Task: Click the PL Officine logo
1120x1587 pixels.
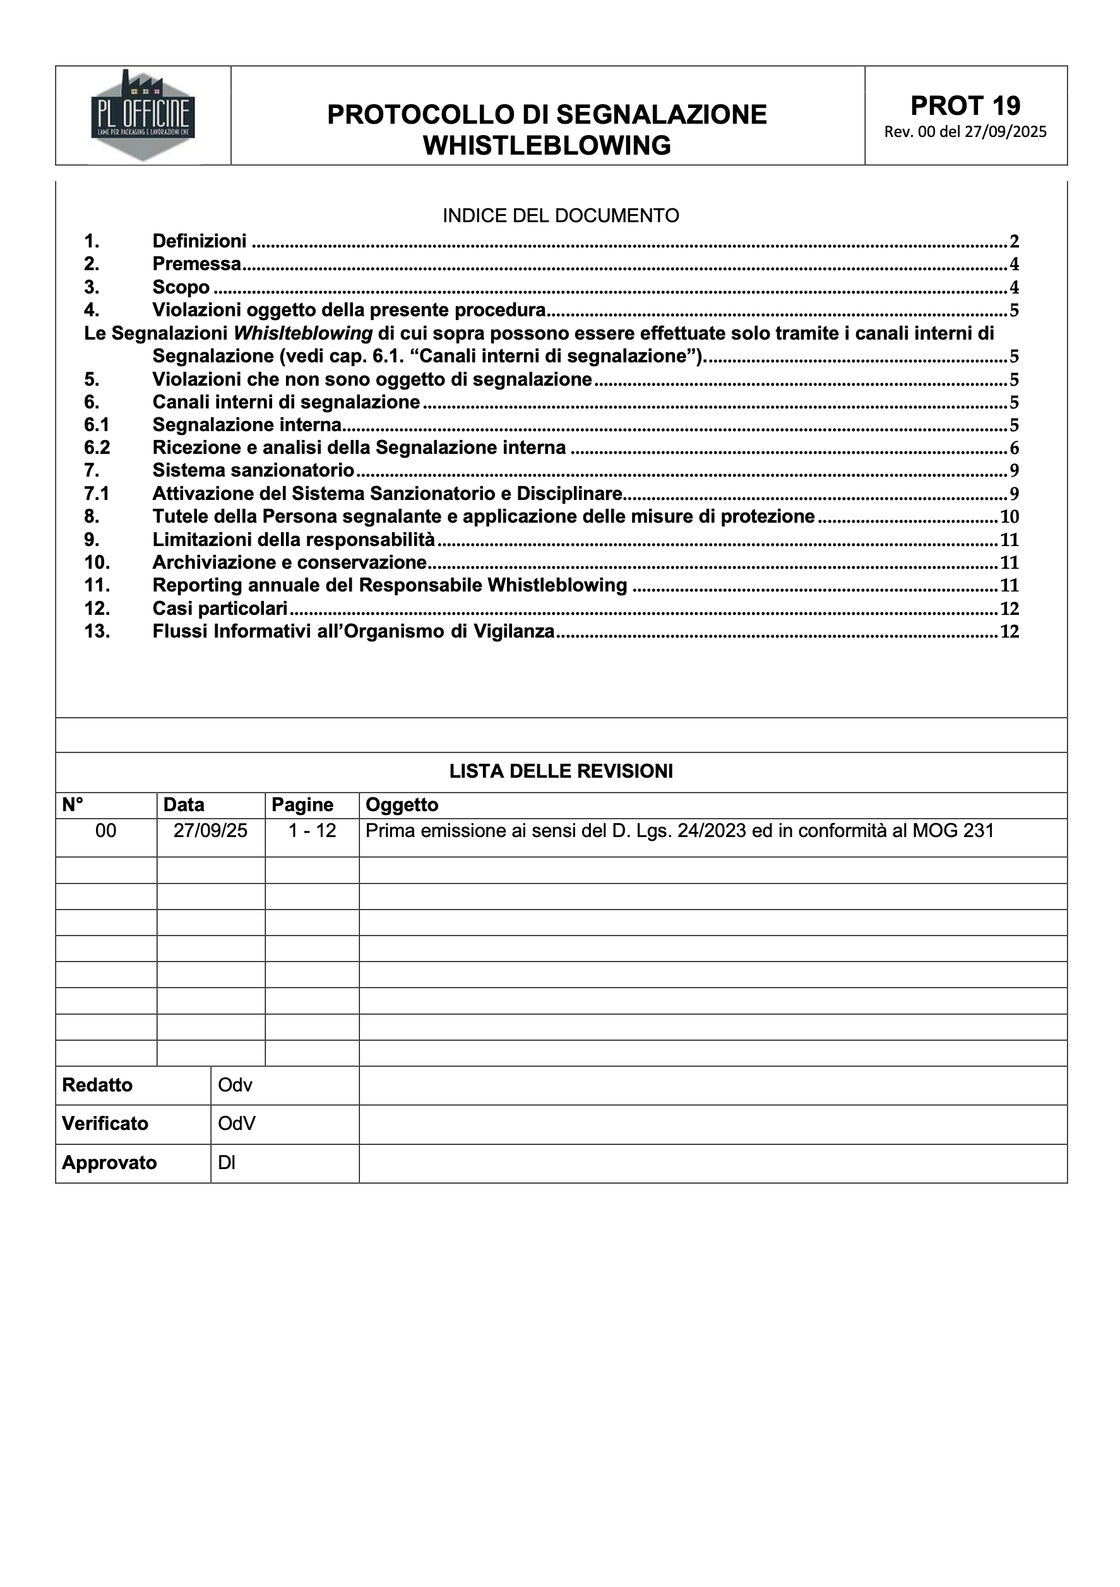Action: (x=143, y=116)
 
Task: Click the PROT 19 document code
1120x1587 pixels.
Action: (x=965, y=106)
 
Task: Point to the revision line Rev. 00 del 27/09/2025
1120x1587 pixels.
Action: (x=965, y=132)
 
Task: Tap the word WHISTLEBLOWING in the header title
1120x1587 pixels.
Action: (x=547, y=146)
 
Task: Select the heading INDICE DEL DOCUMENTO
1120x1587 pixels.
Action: (x=561, y=216)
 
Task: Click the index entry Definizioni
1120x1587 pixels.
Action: (x=199, y=241)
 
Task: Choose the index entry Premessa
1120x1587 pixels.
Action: (x=196, y=264)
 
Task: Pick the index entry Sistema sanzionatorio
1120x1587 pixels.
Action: (x=253, y=471)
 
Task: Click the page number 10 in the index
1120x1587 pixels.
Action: (x=1010, y=517)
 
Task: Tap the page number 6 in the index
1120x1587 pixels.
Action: (x=1014, y=448)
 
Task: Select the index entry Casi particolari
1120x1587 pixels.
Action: (x=220, y=609)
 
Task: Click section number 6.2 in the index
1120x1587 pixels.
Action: (x=97, y=448)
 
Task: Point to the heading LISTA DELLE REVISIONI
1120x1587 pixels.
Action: (x=561, y=771)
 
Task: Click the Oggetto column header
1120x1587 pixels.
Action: (x=402, y=805)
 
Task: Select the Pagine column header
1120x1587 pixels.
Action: (x=302, y=805)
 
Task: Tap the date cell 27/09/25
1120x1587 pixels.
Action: (x=210, y=831)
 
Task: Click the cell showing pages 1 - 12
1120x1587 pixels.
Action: (x=312, y=831)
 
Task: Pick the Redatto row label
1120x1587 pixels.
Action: (x=97, y=1085)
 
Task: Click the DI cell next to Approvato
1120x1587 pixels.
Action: (x=227, y=1163)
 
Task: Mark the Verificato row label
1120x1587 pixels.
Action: (x=105, y=1124)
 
